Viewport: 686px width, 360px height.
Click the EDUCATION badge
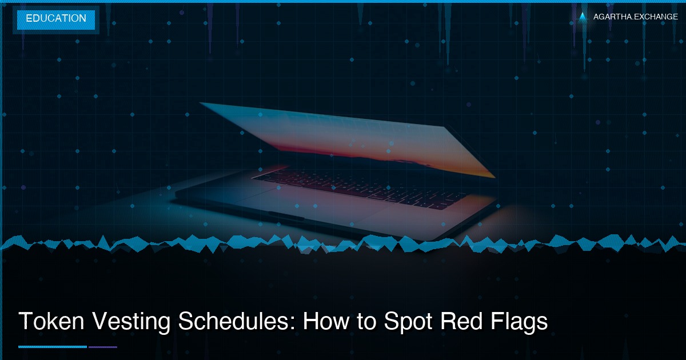(x=55, y=19)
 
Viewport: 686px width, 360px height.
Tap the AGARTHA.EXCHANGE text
(x=635, y=17)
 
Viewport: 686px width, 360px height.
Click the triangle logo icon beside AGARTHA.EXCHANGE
(x=583, y=17)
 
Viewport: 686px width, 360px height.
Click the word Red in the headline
(x=458, y=322)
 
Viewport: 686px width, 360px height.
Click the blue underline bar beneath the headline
(x=52, y=346)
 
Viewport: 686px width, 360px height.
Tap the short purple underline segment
(x=102, y=346)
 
